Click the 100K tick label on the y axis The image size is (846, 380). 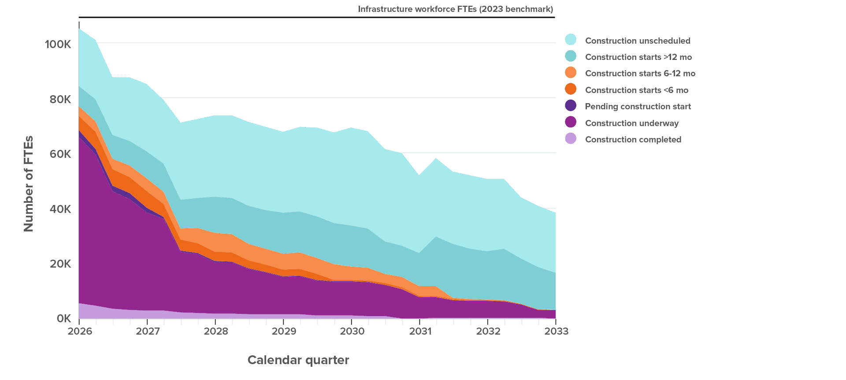pos(58,44)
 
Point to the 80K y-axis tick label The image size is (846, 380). pos(60,99)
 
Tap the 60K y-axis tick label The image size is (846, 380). pos(60,154)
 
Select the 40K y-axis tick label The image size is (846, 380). pos(60,209)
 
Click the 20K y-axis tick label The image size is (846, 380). pos(60,264)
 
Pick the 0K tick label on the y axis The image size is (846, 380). pos(63,318)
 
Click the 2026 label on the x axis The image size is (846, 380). pos(80,331)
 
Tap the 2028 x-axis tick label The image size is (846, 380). pos(216,331)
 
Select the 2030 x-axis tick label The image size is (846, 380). pos(352,331)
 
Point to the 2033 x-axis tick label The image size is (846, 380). pos(556,331)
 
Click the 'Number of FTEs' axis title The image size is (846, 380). pos(29,183)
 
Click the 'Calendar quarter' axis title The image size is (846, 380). pos(298,360)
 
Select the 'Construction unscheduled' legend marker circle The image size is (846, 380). pos(571,40)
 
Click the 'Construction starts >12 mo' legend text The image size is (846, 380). pos(638,57)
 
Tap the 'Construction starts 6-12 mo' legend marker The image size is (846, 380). pos(571,73)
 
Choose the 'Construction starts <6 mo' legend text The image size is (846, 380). pos(636,90)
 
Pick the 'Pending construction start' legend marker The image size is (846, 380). pos(571,106)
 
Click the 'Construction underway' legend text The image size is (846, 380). pos(632,123)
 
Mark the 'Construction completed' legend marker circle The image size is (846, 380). pos(571,139)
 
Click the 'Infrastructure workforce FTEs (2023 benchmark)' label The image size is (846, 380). pos(455,9)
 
